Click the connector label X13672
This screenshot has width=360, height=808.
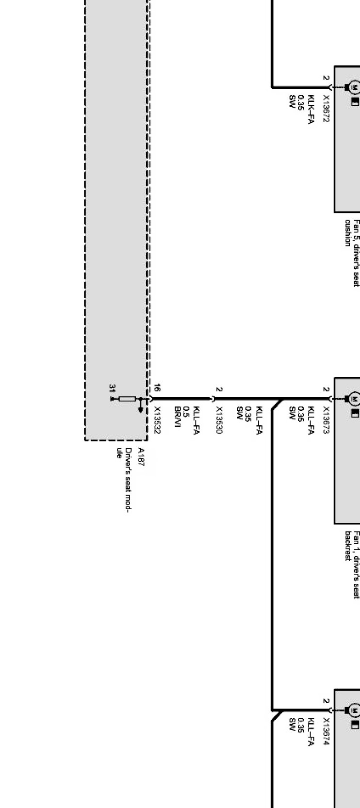(326, 109)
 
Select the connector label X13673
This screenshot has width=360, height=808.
(326, 420)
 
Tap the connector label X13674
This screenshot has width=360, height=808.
(326, 731)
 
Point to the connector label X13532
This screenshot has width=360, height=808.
(157, 420)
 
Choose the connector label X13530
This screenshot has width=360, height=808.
(219, 420)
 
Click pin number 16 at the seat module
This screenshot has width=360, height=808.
(157, 388)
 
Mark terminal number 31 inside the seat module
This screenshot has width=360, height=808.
(112, 388)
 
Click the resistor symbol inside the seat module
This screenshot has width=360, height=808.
(127, 399)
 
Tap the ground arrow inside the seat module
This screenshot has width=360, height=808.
(141, 409)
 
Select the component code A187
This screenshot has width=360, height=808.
(141, 457)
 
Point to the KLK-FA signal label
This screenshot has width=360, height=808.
(311, 109)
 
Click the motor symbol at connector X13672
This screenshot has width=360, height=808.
(355, 87)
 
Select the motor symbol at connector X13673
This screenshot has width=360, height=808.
(355, 399)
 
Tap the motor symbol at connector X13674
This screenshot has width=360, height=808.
(355, 711)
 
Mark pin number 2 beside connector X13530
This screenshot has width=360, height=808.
(219, 389)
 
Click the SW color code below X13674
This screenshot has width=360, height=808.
(292, 724)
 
